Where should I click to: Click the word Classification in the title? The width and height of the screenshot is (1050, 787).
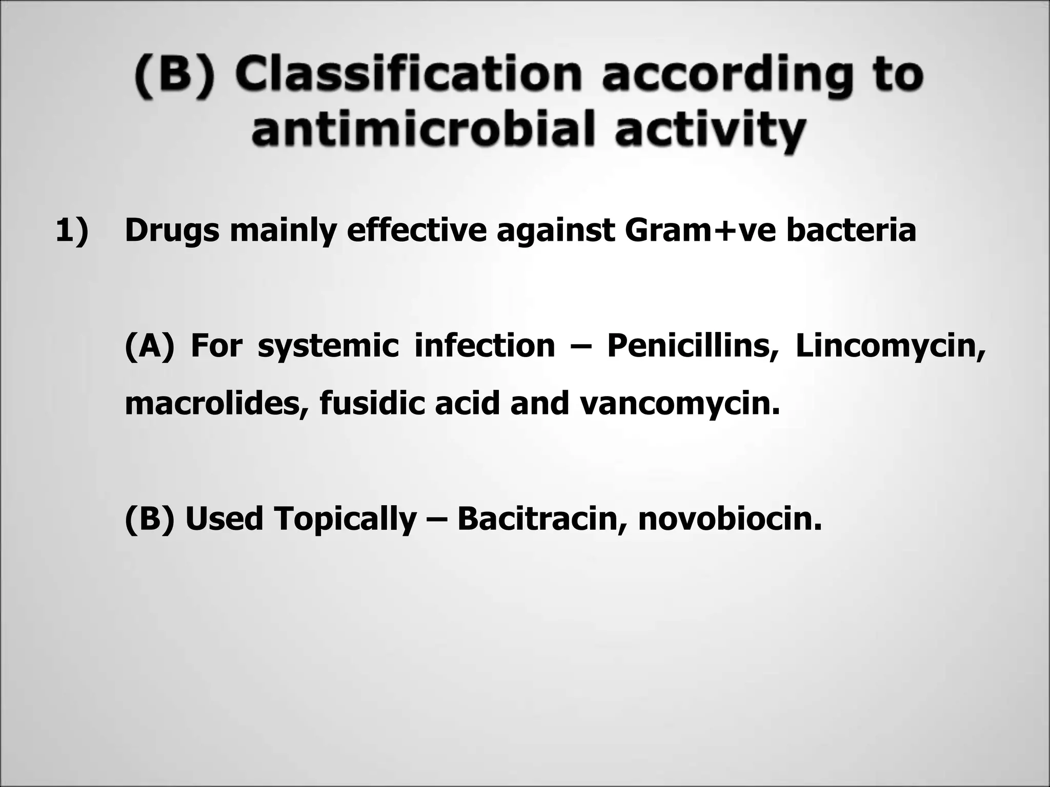coord(408,75)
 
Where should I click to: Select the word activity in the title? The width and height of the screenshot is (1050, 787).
coord(710,129)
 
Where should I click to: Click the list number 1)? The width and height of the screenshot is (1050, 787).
coord(72,231)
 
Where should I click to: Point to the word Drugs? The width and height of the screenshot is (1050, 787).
coord(172,231)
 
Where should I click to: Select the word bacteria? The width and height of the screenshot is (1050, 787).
coord(851,231)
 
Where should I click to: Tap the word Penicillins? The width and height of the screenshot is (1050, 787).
coord(693,346)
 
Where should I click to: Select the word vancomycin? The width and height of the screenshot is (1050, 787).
coord(680,403)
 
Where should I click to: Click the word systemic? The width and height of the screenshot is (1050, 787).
coord(328,346)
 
